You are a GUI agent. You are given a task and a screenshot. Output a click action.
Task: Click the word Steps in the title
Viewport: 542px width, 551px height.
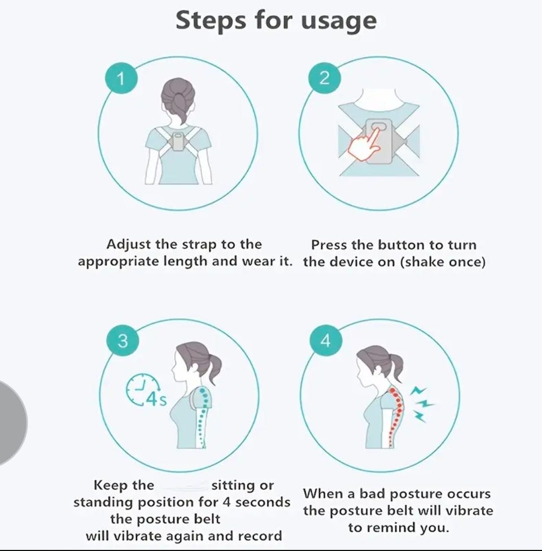tap(211, 20)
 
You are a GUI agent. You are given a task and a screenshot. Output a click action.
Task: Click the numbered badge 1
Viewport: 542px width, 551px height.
tap(121, 79)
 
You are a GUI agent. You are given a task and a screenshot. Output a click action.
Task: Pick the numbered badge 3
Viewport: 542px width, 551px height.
tap(123, 341)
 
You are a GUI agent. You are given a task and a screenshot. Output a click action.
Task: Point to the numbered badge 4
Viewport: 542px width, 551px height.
tap(325, 341)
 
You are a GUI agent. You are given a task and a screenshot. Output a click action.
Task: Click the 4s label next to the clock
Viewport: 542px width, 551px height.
tap(156, 400)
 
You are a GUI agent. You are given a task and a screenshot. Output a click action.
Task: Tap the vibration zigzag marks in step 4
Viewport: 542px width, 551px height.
tap(422, 404)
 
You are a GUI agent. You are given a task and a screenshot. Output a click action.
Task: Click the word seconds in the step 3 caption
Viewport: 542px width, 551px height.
tap(263, 502)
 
